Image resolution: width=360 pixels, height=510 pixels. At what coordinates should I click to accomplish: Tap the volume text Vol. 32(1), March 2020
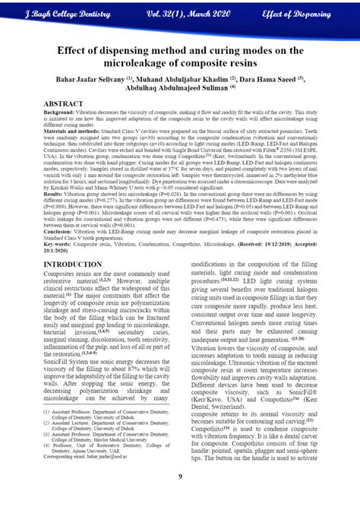(182, 13)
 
